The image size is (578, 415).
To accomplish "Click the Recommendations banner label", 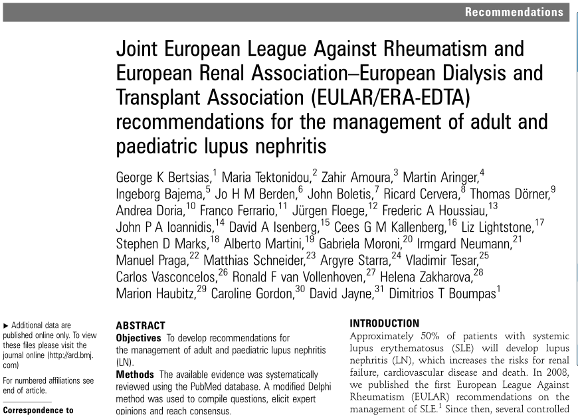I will tap(514, 12).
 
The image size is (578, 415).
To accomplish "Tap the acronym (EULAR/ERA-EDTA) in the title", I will tap(399, 98).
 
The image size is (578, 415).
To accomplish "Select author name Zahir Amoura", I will tap(357, 178).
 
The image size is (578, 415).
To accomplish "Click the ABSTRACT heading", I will tap(140, 326).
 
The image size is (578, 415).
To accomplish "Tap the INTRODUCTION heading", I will tap(385, 323).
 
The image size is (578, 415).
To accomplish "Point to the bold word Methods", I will tap(135, 375).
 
